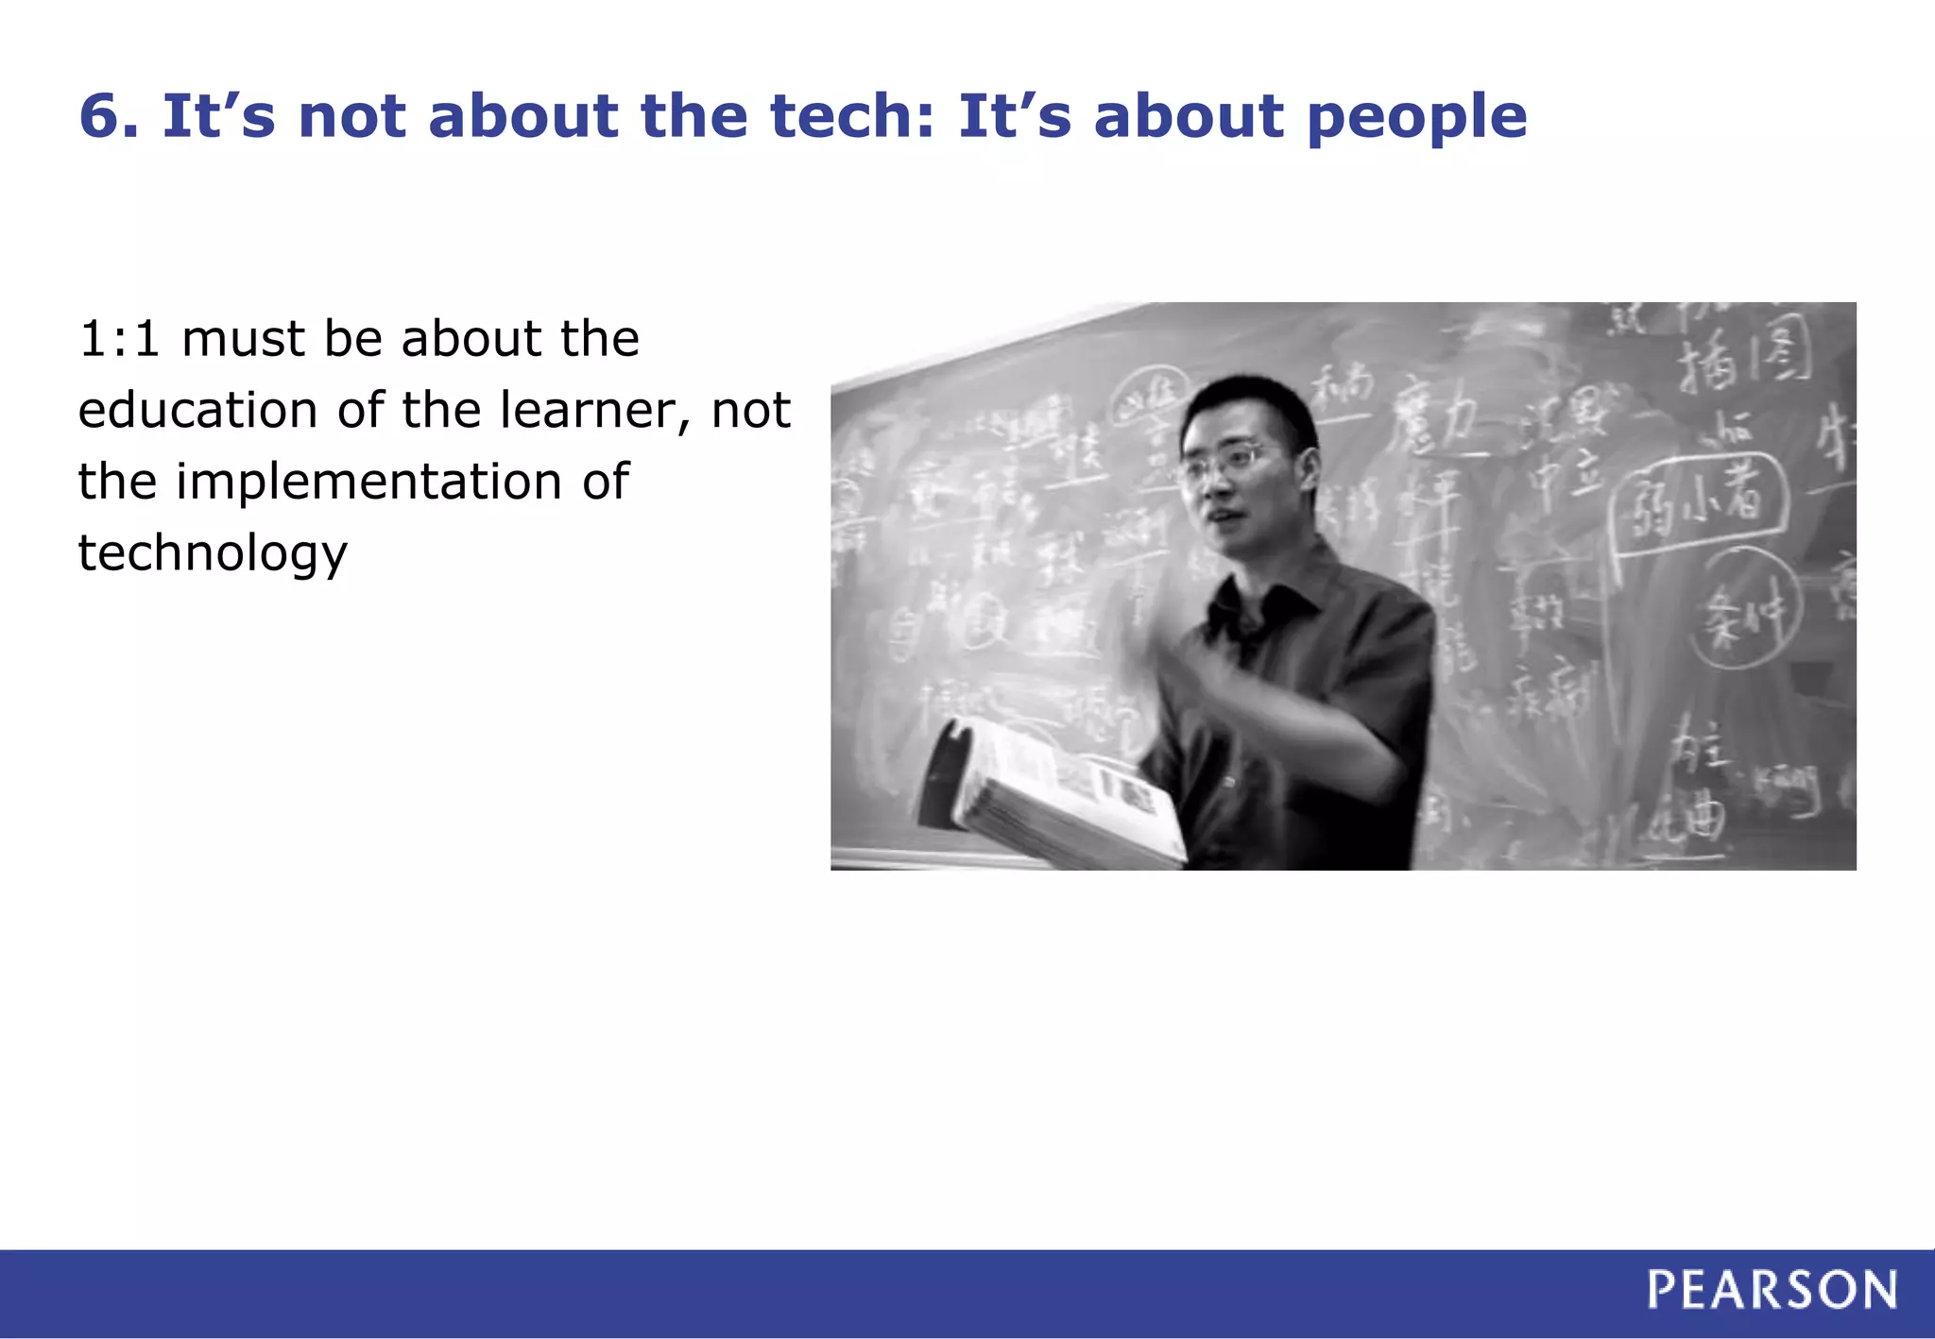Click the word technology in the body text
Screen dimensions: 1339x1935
(213, 553)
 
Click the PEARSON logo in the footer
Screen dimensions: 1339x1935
(1772, 1290)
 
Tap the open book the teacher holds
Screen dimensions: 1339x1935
(1058, 793)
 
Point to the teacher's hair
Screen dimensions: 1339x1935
(1247, 406)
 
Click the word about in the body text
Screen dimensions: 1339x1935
(472, 339)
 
